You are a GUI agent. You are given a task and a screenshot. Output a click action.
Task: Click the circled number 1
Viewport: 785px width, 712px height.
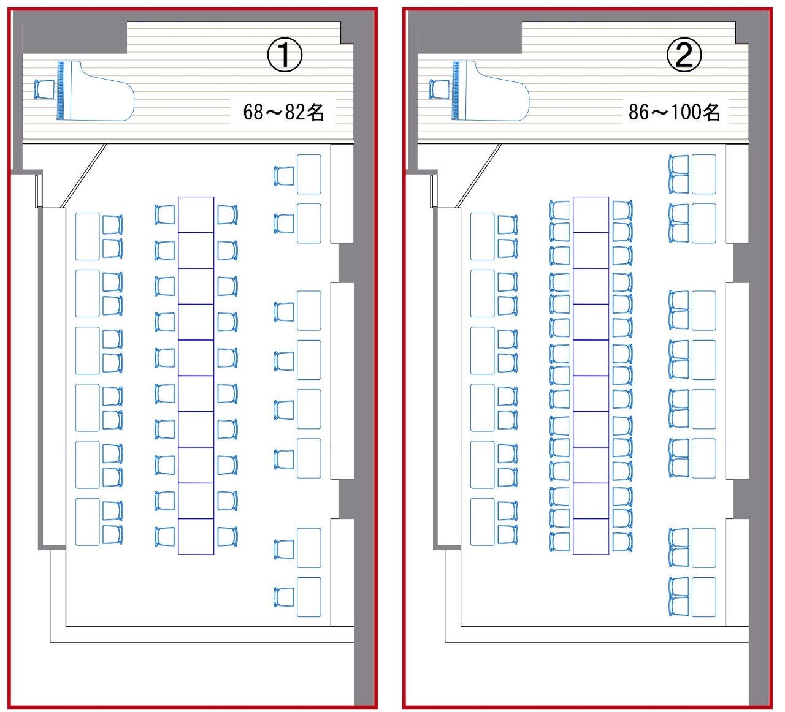coord(284,56)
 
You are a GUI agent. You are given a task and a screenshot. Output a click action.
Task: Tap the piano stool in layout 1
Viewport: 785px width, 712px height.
coord(44,90)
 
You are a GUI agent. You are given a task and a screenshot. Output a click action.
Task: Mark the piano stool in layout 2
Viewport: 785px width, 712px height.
coord(439,90)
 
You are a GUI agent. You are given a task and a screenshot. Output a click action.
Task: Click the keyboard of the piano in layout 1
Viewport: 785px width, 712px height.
coord(61,90)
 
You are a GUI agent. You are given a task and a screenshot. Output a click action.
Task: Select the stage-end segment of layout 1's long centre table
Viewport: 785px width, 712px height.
coord(196,214)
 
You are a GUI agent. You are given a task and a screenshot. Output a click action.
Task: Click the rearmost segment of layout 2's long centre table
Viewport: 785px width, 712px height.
coord(591,536)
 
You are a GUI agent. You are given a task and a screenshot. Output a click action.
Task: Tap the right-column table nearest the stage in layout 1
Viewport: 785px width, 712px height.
coord(308,170)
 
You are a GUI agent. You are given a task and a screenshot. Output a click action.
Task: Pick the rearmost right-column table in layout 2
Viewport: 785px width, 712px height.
coord(703,596)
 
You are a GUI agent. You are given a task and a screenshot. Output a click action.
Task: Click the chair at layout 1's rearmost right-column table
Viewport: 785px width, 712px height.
coord(283,597)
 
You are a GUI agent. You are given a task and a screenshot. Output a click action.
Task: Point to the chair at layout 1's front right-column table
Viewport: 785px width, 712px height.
coord(284,176)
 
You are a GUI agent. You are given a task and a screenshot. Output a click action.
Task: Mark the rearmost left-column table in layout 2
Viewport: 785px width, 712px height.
coord(482,521)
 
